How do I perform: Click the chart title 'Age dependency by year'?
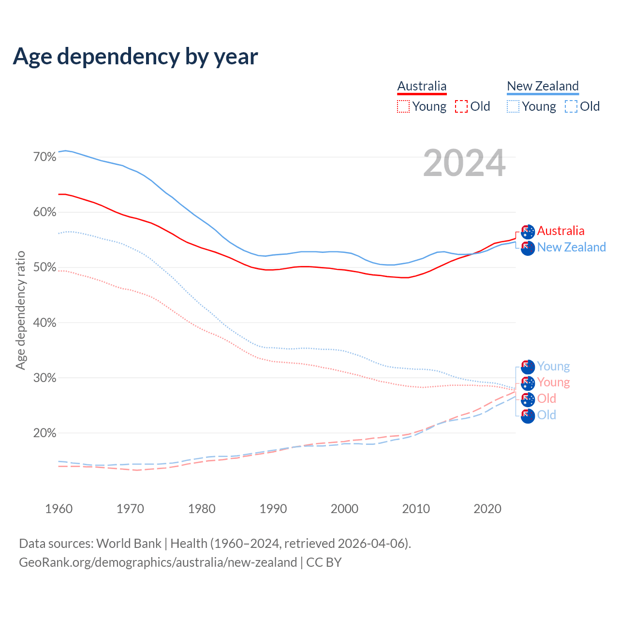click(x=135, y=57)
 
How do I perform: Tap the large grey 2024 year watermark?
click(x=464, y=163)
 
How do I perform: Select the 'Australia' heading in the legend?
click(x=422, y=87)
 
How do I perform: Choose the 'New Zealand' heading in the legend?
click(x=543, y=87)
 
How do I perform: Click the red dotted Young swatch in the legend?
click(x=403, y=106)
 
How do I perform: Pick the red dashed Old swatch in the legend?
click(x=461, y=106)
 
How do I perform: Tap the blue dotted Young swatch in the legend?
click(x=513, y=106)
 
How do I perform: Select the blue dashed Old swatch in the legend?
click(x=571, y=106)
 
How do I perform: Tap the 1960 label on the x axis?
click(x=59, y=509)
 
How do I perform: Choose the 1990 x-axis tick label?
click(x=273, y=509)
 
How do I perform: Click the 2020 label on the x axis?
click(x=487, y=509)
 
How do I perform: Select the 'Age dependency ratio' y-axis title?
click(x=20, y=310)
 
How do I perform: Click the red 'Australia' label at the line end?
click(x=560, y=231)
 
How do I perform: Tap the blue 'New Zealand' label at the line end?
click(x=571, y=247)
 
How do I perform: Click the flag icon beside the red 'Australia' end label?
click(x=528, y=232)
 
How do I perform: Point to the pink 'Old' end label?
click(x=546, y=398)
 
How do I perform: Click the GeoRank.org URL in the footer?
click(x=158, y=562)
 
